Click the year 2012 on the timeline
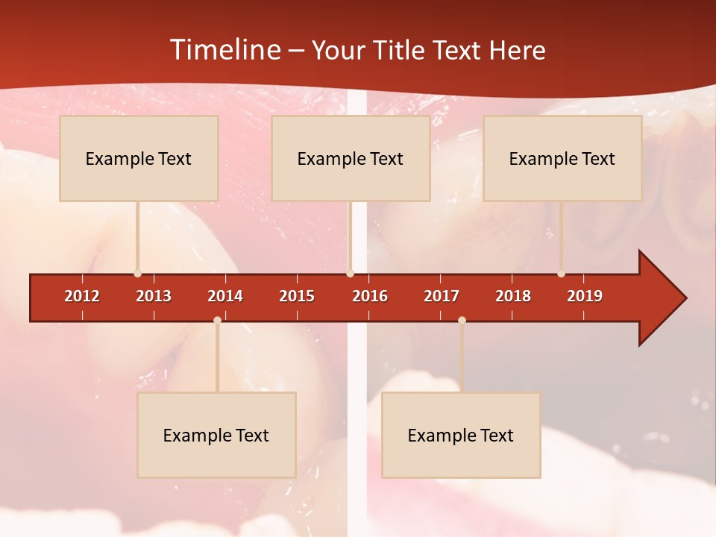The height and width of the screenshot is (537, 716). pyautogui.click(x=82, y=296)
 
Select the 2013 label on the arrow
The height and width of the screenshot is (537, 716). pyautogui.click(x=154, y=296)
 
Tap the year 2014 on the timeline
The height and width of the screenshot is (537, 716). pyautogui.click(x=225, y=296)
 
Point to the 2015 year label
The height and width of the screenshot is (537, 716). pyautogui.click(x=297, y=296)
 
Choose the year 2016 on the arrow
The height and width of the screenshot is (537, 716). pyautogui.click(x=370, y=296)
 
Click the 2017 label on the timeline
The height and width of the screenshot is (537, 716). pyautogui.click(x=442, y=296)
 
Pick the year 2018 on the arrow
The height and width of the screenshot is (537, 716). pyautogui.click(x=513, y=296)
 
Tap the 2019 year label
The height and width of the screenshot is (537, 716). pyautogui.click(x=585, y=296)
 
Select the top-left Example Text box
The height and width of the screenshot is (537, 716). pyautogui.click(x=139, y=158)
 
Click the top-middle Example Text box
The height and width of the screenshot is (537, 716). pyautogui.click(x=351, y=158)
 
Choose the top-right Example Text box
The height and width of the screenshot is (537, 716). pyautogui.click(x=562, y=158)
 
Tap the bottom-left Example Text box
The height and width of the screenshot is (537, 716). pyautogui.click(x=216, y=435)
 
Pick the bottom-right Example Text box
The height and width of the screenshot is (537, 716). pyautogui.click(x=461, y=435)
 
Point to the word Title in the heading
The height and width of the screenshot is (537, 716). pyautogui.click(x=402, y=50)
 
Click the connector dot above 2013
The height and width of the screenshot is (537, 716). pyautogui.click(x=137, y=274)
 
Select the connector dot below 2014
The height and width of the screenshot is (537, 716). pyautogui.click(x=217, y=320)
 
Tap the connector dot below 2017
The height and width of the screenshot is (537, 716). pyautogui.click(x=462, y=320)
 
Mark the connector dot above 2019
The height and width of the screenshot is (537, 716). pyautogui.click(x=561, y=274)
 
